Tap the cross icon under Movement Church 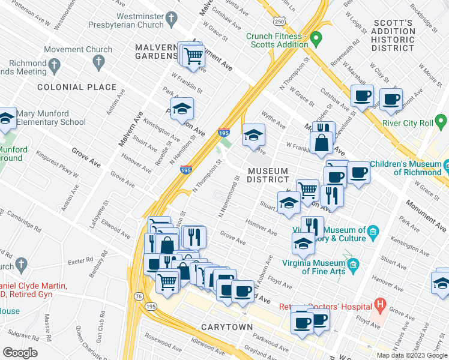[99, 62]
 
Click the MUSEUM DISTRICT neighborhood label [268, 176]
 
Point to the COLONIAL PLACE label [77, 87]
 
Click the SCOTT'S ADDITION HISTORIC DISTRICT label [393, 35]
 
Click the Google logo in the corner [20, 353]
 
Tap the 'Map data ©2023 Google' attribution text [411, 355]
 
